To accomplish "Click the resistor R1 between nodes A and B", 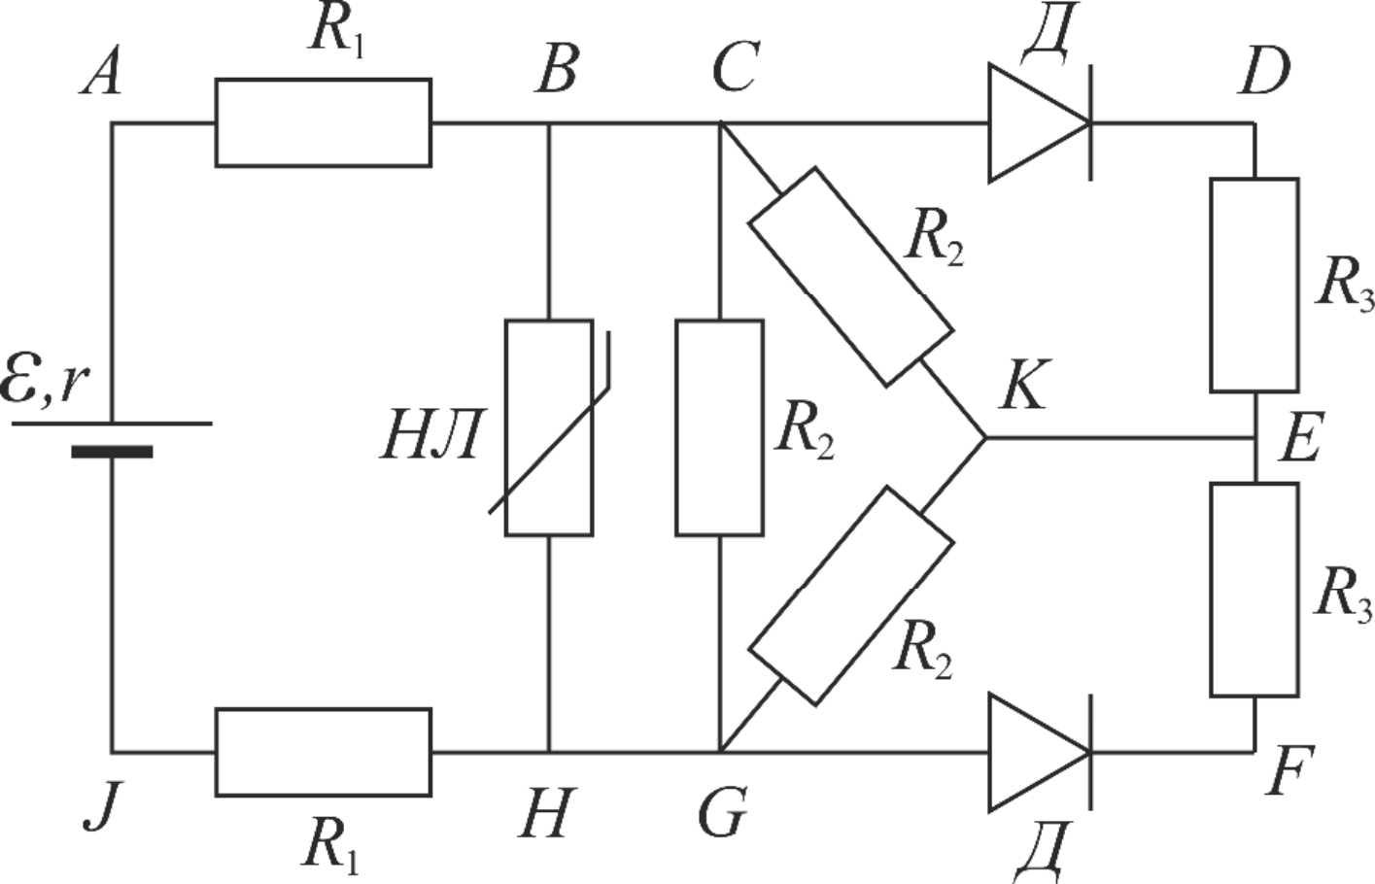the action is coord(324,122).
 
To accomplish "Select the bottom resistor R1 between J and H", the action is coord(324,752).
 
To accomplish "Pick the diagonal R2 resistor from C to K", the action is coord(851,277).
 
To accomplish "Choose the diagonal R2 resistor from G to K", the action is coord(851,596).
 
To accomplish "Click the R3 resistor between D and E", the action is coord(1255,286).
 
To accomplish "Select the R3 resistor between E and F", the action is coord(1255,591).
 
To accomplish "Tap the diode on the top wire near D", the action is coord(1040,122).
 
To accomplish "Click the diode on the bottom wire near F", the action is coord(1040,752).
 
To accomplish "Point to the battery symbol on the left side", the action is coord(113,437).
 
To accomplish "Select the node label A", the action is coord(101,74).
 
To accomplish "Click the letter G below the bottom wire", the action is coord(723,812).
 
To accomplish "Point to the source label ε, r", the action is coord(45,383).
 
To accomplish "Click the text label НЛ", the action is coord(430,434).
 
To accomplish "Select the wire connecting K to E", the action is coord(1120,438).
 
